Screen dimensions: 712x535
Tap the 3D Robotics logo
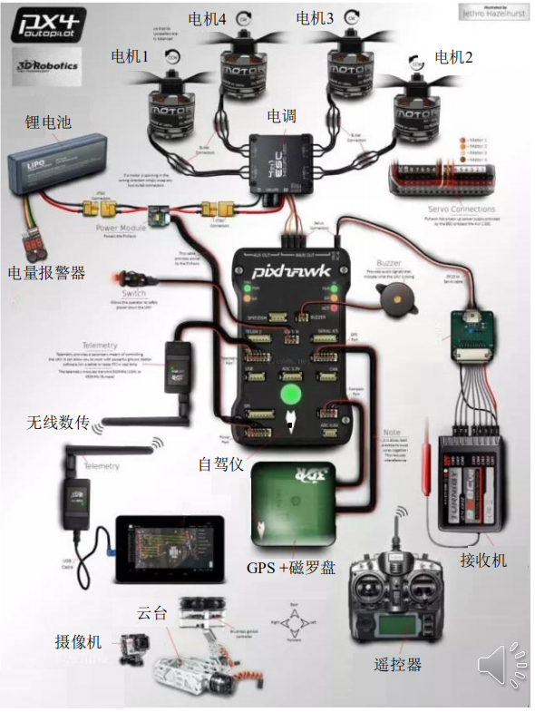click(x=48, y=66)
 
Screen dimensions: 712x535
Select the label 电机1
click(x=130, y=57)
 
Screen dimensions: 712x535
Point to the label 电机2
click(x=453, y=57)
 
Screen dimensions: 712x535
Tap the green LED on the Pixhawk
click(x=290, y=396)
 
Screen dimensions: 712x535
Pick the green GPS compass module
click(x=294, y=498)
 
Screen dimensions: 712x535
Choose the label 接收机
click(x=483, y=560)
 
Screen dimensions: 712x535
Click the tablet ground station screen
click(x=168, y=550)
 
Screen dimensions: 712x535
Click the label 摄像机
click(x=78, y=642)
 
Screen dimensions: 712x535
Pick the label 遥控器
click(x=397, y=664)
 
